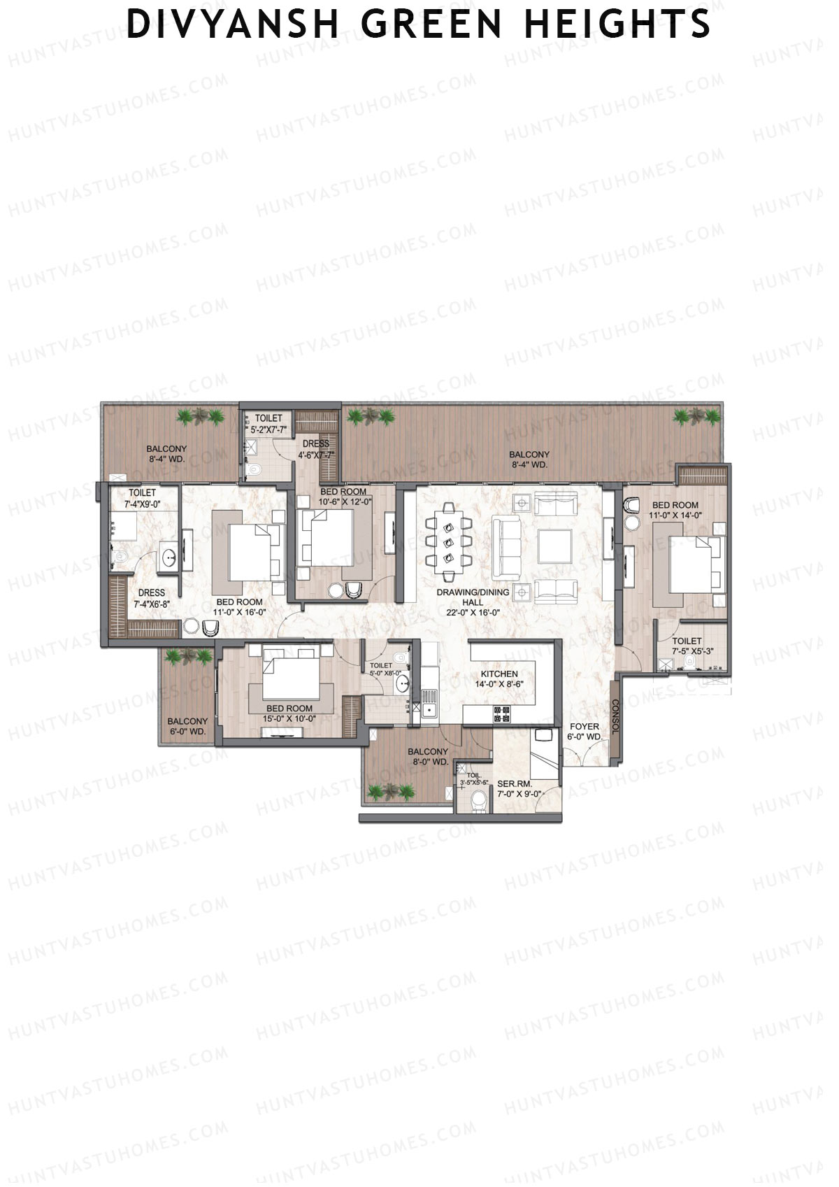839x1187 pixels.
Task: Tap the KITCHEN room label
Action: coord(499,674)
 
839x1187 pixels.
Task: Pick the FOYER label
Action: coord(584,726)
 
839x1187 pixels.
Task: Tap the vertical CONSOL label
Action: coord(616,716)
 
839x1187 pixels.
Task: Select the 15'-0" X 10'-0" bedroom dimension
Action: coord(289,718)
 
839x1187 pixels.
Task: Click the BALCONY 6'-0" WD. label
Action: coord(187,726)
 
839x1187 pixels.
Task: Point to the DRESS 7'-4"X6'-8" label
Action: coord(152,598)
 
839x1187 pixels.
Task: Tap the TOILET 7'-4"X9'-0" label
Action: coord(142,498)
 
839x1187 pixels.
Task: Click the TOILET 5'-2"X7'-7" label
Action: coord(268,424)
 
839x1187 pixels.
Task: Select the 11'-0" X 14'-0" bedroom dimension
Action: coord(675,515)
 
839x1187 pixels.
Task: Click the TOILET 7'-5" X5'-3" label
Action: coord(687,646)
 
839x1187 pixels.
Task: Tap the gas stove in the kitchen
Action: coord(502,714)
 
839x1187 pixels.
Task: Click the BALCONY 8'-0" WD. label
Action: coord(428,756)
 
